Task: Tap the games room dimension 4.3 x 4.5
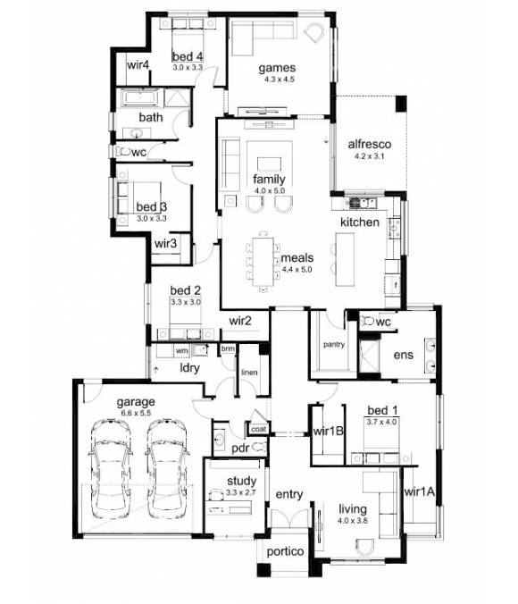tap(277, 79)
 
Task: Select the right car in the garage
tap(168, 466)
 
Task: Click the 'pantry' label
tap(335, 343)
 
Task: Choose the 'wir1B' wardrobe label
tap(330, 432)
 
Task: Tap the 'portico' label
tap(285, 552)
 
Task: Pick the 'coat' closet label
tap(258, 429)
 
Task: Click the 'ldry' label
tap(188, 368)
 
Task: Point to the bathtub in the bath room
tap(138, 97)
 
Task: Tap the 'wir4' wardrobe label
tap(138, 65)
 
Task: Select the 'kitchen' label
tap(359, 221)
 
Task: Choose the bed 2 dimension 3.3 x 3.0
tap(187, 302)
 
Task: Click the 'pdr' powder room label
tap(238, 447)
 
